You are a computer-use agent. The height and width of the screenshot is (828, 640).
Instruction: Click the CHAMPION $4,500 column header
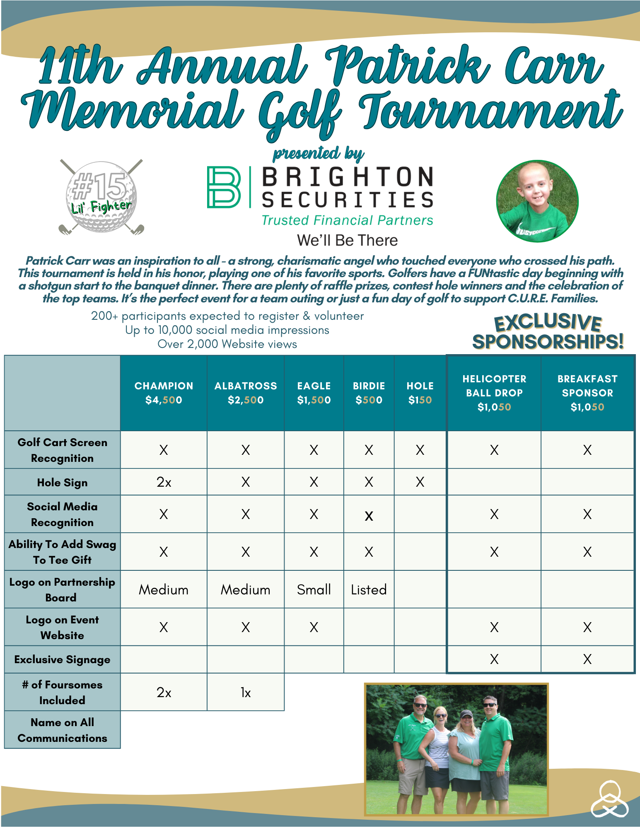164,393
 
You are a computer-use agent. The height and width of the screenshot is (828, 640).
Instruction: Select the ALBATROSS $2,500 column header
246,393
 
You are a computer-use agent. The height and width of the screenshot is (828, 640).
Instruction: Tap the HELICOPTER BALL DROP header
494,393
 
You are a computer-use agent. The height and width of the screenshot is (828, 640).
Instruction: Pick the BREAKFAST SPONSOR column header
587,393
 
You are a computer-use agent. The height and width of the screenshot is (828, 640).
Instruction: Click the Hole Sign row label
62,483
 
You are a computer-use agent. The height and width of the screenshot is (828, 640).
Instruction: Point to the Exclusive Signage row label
62,659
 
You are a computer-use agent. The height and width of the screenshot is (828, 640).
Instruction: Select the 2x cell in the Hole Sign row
164,482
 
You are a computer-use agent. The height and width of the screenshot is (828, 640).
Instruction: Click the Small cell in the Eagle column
314,589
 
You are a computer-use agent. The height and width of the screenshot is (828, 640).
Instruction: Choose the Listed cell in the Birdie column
369,589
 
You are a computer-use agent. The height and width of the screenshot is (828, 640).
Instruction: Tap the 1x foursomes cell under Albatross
246,693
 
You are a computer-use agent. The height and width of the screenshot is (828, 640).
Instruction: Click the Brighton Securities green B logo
224,187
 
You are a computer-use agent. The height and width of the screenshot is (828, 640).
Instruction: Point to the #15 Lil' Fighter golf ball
101,197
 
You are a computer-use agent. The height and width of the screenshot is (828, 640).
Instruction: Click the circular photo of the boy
537,201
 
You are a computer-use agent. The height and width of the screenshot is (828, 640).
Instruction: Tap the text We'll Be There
347,240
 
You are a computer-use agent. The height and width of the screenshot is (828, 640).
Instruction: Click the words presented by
318,153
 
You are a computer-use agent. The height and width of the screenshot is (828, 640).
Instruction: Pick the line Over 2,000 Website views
227,344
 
